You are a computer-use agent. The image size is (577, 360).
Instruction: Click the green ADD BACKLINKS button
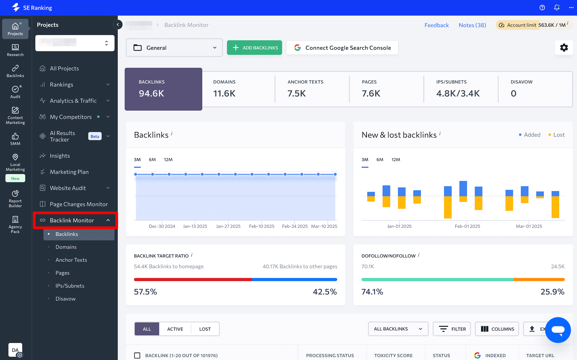[x=254, y=48]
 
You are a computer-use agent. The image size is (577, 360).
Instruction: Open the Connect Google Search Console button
[x=342, y=48]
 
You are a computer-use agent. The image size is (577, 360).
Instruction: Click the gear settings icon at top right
[x=564, y=48]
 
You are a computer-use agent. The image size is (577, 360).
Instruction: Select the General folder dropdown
[x=174, y=48]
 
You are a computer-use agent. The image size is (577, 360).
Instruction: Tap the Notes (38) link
[x=472, y=25]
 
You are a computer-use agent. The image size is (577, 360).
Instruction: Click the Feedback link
[x=436, y=25]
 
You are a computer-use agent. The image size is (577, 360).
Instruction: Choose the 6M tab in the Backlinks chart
[x=152, y=159]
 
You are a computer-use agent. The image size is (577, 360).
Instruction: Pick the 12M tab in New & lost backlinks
[x=396, y=159]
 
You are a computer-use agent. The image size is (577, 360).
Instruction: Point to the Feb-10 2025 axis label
[x=262, y=226]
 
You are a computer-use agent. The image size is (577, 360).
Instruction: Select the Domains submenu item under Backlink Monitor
[x=66, y=247]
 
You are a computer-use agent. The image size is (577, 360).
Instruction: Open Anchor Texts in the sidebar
[x=71, y=260]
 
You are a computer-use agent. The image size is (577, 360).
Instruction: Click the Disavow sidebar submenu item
[x=65, y=299]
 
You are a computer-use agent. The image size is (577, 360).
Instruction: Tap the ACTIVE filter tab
[x=175, y=329]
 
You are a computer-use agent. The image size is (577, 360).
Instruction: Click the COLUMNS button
[x=497, y=329]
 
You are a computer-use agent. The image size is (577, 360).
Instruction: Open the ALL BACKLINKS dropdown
[x=398, y=329]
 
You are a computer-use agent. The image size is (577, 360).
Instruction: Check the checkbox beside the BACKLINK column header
[x=137, y=355]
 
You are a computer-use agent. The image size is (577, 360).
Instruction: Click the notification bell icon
[x=557, y=7]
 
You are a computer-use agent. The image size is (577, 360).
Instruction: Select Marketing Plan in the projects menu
[x=69, y=172]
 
